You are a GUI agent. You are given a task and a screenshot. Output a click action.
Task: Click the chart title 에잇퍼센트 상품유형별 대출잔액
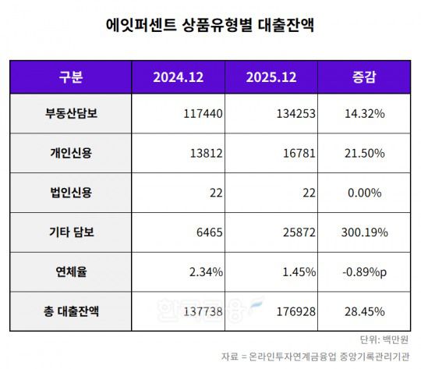[210, 25]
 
